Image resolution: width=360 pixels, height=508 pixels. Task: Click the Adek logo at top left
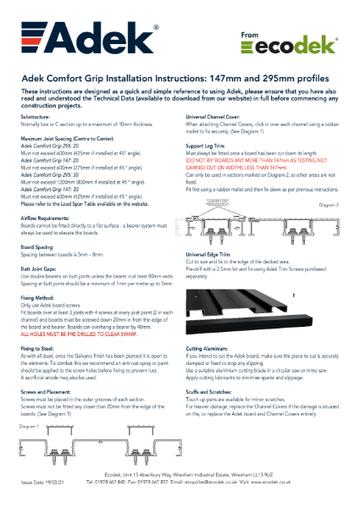(69, 38)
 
